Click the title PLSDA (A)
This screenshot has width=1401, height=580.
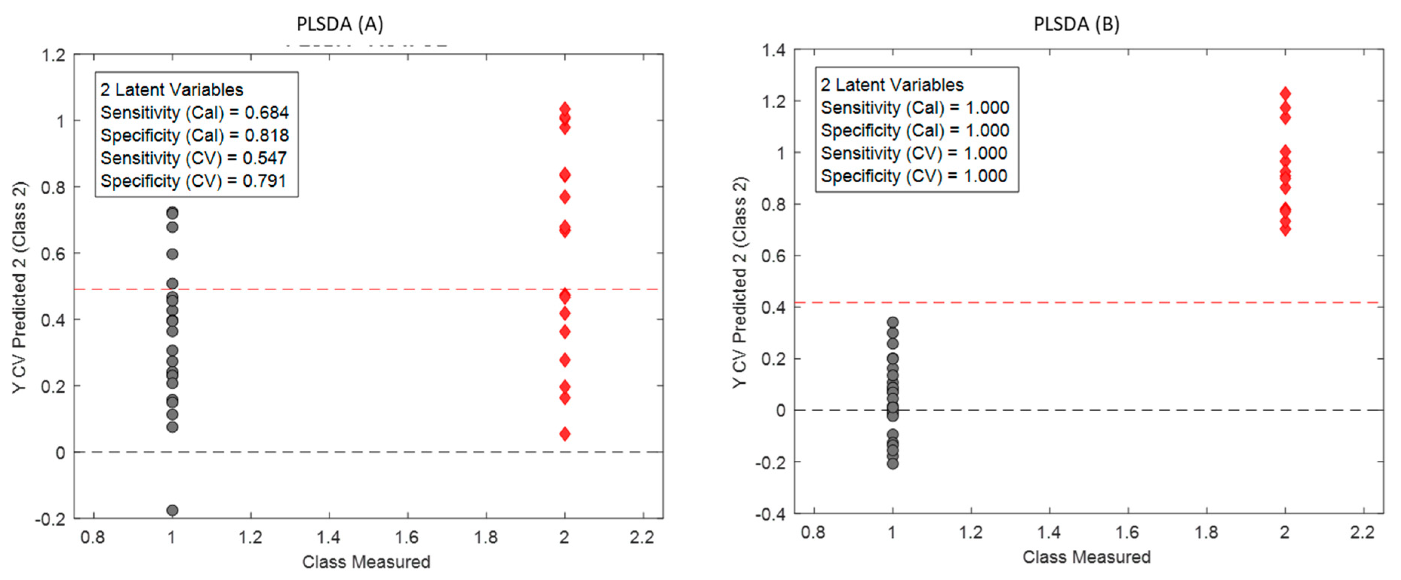point(339,24)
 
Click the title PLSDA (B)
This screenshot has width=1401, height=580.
point(1076,24)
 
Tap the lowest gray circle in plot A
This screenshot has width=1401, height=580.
point(172,510)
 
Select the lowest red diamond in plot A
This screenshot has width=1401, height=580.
point(564,434)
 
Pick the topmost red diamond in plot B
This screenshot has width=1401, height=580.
point(1285,94)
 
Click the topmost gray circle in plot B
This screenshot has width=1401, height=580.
point(892,322)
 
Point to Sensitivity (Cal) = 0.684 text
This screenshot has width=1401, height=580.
point(194,112)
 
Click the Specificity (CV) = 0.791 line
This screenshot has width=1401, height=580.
point(193,181)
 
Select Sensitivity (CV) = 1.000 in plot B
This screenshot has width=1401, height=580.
point(914,154)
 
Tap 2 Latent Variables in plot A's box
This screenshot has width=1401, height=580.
point(171,90)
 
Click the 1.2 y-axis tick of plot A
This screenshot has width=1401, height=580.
point(53,55)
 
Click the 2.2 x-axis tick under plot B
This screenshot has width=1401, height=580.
point(1363,532)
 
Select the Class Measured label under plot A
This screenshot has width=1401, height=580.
point(366,562)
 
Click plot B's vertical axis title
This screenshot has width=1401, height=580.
point(740,282)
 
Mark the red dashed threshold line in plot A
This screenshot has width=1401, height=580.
point(381,289)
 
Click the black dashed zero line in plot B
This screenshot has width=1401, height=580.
point(1142,410)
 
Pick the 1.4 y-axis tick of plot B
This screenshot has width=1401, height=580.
point(774,51)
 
